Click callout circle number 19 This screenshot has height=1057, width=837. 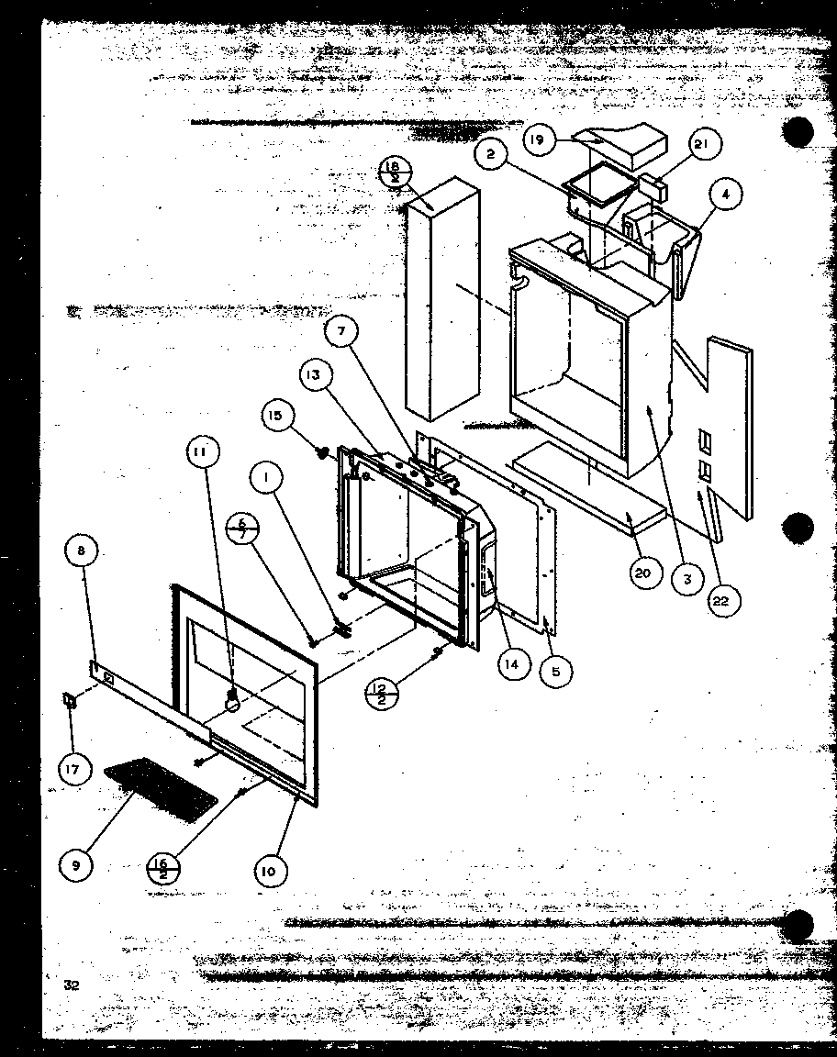[538, 141]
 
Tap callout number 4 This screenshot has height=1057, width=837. [725, 195]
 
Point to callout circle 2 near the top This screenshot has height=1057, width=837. [491, 155]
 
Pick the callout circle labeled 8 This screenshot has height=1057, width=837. [81, 552]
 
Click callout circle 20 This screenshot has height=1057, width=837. [643, 574]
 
